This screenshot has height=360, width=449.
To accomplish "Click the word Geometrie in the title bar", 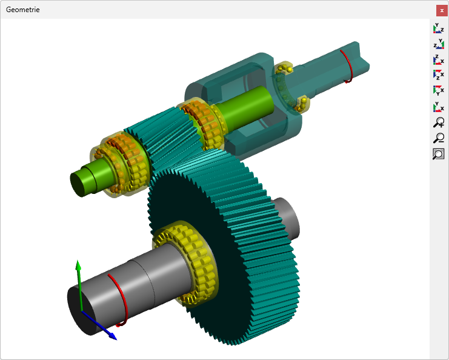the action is (22, 10).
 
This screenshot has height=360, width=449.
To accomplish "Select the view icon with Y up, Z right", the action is (439, 28).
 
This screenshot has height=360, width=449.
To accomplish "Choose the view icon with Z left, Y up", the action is (439, 44).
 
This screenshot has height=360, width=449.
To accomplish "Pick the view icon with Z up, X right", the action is (439, 59).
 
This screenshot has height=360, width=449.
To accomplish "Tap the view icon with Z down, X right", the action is (439, 75).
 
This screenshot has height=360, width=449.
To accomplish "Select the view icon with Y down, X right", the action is (439, 90).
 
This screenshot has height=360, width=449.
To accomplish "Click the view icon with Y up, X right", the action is (439, 107).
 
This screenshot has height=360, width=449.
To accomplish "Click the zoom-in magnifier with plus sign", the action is (439, 122).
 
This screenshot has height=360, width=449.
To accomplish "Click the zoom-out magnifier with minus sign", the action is (439, 138).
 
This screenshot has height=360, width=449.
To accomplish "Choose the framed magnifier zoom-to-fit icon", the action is (439, 154).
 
